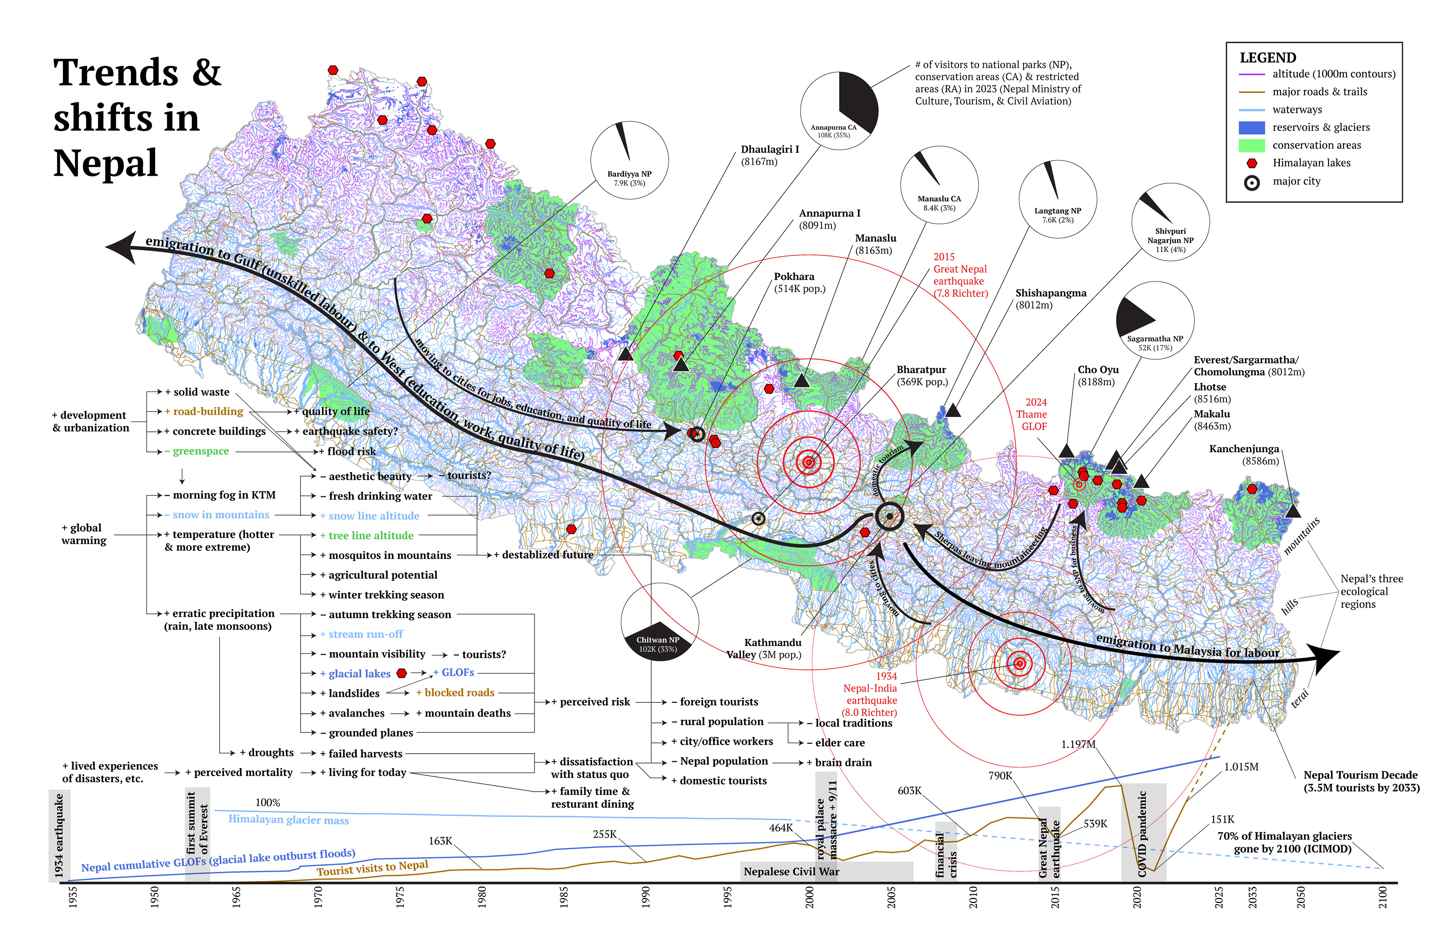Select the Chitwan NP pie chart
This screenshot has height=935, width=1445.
pyautogui.click(x=659, y=622)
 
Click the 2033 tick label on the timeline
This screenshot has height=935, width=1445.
pyautogui.click(x=1252, y=897)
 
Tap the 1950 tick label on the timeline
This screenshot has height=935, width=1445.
pyautogui.click(x=154, y=897)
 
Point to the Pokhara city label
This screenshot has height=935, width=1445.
pyautogui.click(x=799, y=282)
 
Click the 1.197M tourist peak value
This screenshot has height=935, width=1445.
pyautogui.click(x=1078, y=744)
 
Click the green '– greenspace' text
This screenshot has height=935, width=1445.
pyautogui.click(x=200, y=451)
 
